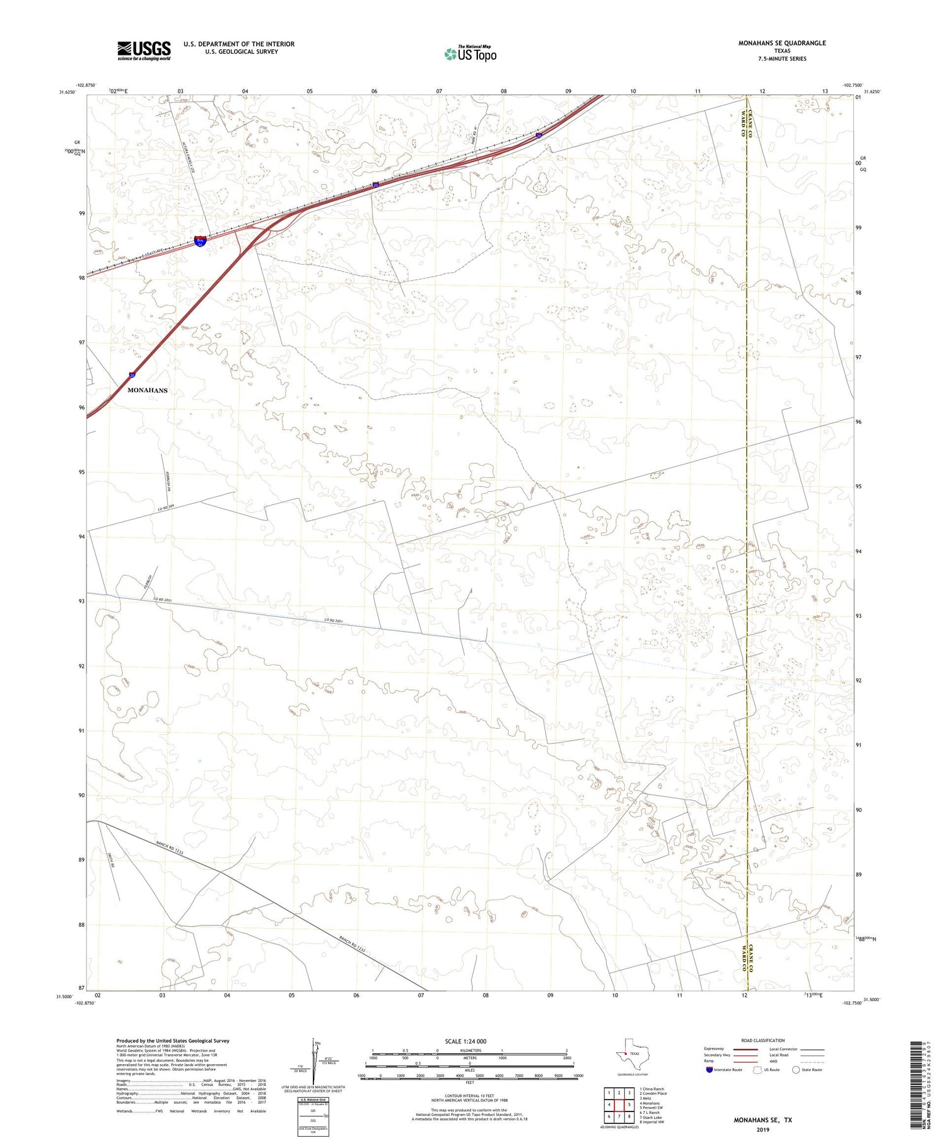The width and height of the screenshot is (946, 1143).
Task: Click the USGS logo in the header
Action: click(144, 50)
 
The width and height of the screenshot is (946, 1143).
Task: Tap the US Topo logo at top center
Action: click(470, 54)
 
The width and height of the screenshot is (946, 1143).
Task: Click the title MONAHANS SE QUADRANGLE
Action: click(782, 43)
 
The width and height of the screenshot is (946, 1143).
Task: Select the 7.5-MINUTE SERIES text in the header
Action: click(782, 59)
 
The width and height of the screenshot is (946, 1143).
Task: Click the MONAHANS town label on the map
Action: click(148, 390)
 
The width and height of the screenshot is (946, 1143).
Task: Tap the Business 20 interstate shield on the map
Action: click(200, 241)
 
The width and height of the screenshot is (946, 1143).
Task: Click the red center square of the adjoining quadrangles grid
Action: click(619, 1105)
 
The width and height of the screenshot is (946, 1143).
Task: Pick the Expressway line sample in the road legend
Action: click(745, 1049)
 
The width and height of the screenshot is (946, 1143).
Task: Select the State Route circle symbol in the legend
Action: click(796, 1070)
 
